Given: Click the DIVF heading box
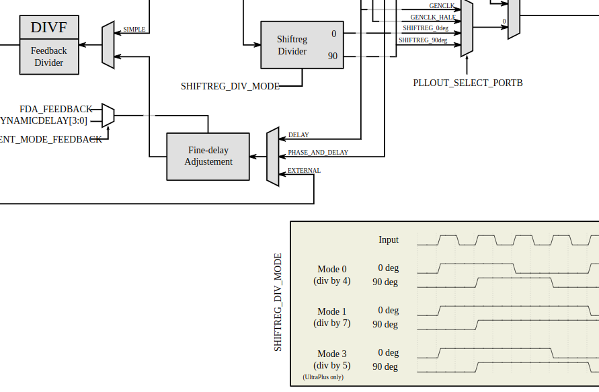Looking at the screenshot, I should [48, 28].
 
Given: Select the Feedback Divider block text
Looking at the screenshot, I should [48, 56].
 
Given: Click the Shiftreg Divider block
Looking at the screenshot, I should [292, 45].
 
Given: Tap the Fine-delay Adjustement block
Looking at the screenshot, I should [208, 156].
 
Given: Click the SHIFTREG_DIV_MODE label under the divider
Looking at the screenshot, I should [230, 86].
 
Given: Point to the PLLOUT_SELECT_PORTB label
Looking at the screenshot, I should [467, 83].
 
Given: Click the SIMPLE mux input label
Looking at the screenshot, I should [134, 30].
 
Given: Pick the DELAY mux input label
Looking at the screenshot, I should [298, 135].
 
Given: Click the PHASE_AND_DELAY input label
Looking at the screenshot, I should [318, 153].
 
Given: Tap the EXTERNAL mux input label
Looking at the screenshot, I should [304, 171].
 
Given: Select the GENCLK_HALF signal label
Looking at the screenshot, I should [433, 17].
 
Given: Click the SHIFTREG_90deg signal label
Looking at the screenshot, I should [424, 40].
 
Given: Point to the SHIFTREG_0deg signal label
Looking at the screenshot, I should [426, 28].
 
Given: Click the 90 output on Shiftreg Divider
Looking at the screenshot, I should [333, 56].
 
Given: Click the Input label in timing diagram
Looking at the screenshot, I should [389, 239].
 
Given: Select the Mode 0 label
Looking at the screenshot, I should [332, 269].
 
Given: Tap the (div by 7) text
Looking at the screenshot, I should [332, 323].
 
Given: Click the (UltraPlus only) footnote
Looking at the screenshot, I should [323, 377].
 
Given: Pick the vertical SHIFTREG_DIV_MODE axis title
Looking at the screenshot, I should [278, 302].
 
